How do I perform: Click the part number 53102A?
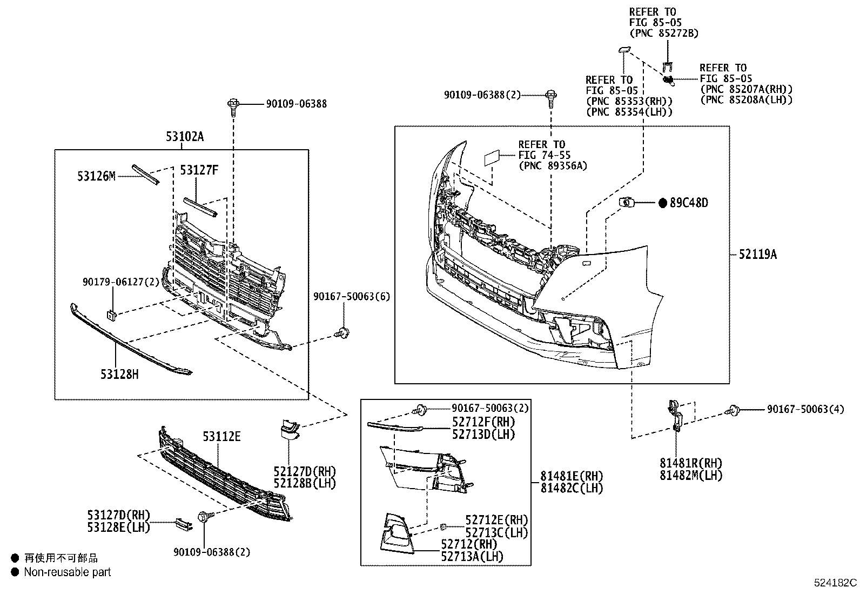click(184, 137)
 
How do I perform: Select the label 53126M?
click(96, 176)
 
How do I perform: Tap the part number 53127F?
click(199, 171)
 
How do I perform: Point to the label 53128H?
click(119, 373)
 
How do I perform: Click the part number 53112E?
click(221, 436)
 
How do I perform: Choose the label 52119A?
click(757, 255)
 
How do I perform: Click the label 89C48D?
click(688, 203)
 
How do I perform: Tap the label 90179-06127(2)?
click(121, 282)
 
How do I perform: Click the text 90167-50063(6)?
click(352, 296)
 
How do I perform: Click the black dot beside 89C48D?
click(663, 203)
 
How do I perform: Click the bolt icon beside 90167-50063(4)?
click(734, 410)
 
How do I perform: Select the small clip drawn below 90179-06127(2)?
click(111, 315)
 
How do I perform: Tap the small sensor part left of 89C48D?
click(626, 203)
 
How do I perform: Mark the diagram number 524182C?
click(835, 583)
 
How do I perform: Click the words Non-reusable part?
click(67, 572)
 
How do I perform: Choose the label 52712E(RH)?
click(496, 520)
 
